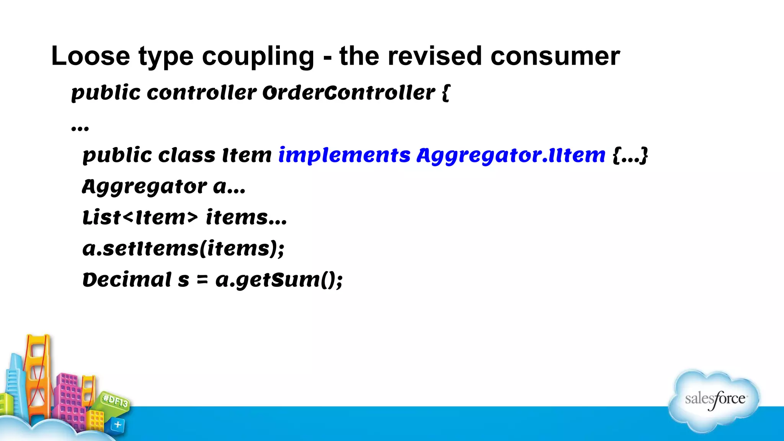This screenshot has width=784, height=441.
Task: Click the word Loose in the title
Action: (90, 56)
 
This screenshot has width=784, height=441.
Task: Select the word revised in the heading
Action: (434, 56)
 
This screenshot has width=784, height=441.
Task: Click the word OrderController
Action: (349, 93)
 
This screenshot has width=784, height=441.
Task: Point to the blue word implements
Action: (344, 155)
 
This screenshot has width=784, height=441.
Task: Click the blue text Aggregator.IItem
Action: (511, 155)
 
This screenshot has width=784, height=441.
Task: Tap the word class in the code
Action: (187, 155)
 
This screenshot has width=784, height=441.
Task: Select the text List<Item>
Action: (140, 217)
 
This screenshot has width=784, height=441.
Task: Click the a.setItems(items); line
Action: (183, 249)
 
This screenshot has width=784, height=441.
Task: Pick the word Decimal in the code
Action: (127, 280)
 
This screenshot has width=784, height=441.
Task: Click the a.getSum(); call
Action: (279, 280)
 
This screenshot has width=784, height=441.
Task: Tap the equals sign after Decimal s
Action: (202, 280)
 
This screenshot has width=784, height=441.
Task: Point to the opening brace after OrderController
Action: (446, 93)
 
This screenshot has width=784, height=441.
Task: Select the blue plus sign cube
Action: (118, 425)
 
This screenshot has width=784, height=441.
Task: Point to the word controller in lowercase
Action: (201, 93)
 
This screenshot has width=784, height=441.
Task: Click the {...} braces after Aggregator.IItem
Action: (630, 155)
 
